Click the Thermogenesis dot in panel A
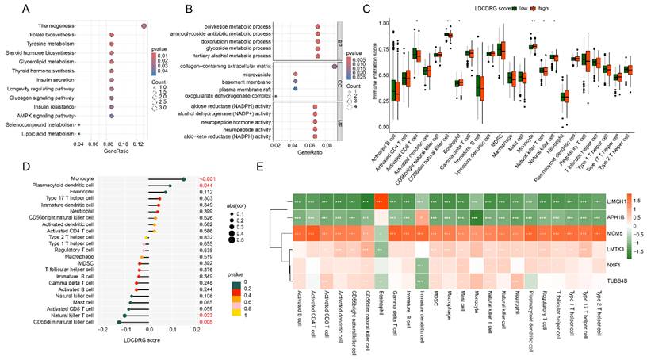(x=144, y=27)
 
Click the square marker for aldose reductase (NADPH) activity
(x=316, y=106)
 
